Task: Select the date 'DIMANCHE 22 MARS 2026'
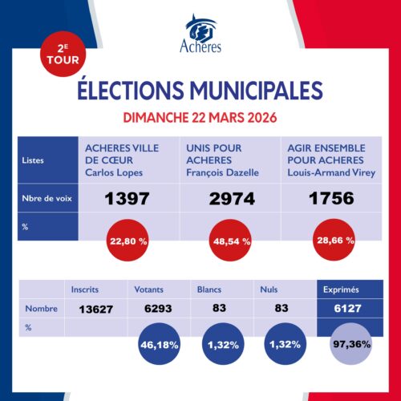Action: [200, 117]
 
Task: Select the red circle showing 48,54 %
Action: [229, 240]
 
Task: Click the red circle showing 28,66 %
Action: [332, 240]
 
